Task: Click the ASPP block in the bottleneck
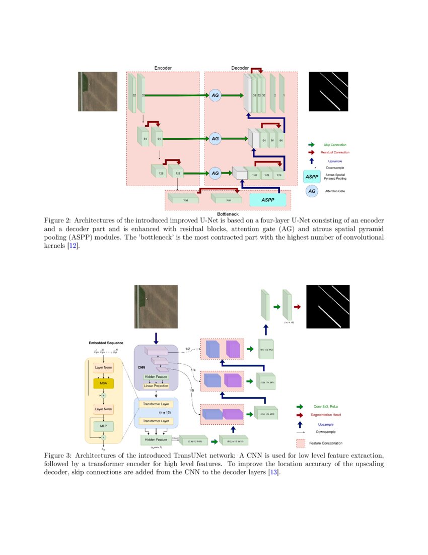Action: click(268, 200)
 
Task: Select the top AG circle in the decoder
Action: click(216, 95)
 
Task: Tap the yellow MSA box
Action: click(104, 383)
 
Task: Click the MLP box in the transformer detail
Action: click(103, 426)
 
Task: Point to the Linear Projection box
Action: click(156, 386)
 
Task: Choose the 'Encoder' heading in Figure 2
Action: click(163, 68)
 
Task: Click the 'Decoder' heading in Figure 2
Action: click(240, 68)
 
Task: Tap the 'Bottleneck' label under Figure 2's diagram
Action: click(227, 214)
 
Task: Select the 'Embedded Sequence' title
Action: click(106, 343)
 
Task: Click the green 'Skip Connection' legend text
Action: click(335, 145)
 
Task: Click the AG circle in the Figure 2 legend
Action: click(312, 191)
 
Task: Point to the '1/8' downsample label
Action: click(192, 390)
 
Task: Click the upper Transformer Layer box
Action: click(156, 404)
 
